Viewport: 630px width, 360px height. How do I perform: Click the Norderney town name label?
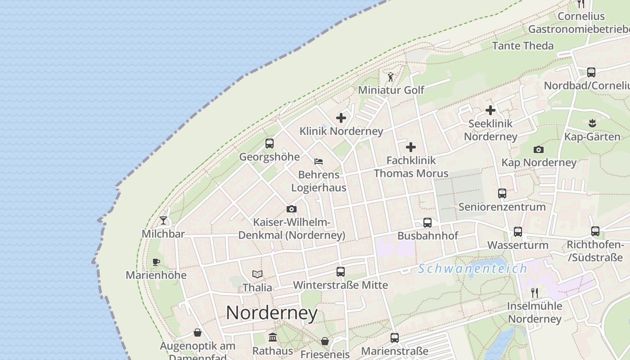(272, 313)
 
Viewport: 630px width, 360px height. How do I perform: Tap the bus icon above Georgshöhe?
(270, 144)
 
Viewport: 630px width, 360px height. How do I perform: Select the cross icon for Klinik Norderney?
(341, 118)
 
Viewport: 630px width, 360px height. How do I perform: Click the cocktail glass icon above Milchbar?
(163, 220)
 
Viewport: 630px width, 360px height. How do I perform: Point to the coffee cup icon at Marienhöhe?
(156, 262)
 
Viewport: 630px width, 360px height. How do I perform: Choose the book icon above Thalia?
(257, 274)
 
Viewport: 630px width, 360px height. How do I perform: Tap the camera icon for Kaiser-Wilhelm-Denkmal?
(292, 209)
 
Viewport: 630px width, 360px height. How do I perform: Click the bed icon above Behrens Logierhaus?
(319, 161)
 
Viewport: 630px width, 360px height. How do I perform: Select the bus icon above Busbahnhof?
(427, 222)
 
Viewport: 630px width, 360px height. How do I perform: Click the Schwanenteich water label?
(472, 269)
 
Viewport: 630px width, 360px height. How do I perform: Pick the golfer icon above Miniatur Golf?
(391, 77)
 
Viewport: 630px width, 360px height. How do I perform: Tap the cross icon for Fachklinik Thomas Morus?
(411, 147)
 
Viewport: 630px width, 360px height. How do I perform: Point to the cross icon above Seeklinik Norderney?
(490, 110)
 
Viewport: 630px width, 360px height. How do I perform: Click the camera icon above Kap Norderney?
(539, 149)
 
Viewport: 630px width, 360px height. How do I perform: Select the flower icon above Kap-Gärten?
(592, 123)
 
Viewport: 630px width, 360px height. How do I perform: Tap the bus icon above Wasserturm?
(518, 232)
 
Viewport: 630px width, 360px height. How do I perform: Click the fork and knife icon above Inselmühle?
(535, 292)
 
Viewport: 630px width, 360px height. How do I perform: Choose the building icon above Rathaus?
(273, 337)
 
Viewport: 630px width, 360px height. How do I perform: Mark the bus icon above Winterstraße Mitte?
(341, 272)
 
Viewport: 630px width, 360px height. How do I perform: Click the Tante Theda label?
(523, 46)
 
